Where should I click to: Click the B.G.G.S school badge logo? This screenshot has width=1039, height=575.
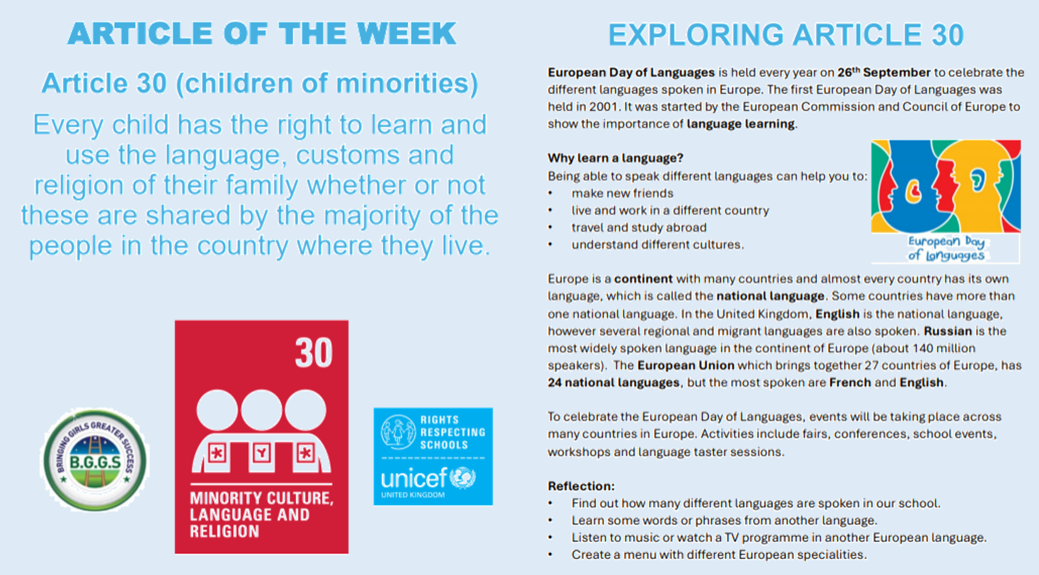tap(95, 460)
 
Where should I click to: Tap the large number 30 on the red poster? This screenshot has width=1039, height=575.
tap(314, 353)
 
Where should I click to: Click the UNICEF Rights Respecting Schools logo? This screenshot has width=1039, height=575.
tap(433, 456)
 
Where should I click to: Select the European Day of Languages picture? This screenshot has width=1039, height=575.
tap(945, 201)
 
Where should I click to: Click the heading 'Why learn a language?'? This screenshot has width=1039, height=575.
tap(615, 158)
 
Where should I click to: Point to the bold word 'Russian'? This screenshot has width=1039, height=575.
tap(948, 331)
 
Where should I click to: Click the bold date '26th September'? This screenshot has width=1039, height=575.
tap(884, 72)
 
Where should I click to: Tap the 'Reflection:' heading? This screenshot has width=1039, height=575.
tap(581, 486)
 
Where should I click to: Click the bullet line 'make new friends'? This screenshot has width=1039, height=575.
tap(622, 193)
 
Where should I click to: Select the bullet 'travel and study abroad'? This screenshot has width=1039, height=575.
tap(639, 228)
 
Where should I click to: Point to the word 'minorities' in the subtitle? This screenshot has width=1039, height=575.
tap(403, 83)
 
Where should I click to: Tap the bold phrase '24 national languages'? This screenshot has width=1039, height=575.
tap(614, 382)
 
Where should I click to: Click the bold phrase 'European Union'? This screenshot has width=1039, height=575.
tap(686, 365)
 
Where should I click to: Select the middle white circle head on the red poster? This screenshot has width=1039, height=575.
tap(261, 410)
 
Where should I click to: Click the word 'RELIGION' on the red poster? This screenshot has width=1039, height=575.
tap(225, 531)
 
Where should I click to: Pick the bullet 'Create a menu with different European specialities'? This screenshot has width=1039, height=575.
tap(719, 554)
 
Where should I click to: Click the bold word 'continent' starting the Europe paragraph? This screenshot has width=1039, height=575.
tap(643, 279)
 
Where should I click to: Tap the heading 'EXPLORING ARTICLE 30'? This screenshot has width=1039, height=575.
tap(786, 35)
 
